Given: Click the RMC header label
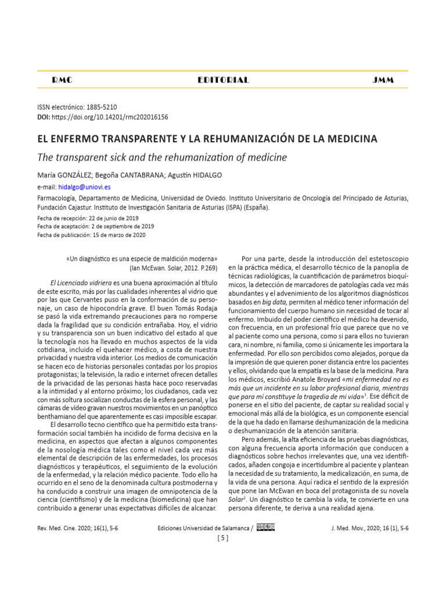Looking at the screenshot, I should (x=62, y=80).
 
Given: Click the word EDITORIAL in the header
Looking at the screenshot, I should (x=223, y=80).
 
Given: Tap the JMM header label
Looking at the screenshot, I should (x=383, y=80).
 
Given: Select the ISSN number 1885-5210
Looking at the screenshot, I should (x=101, y=107).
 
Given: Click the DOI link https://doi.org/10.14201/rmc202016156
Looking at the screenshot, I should (x=110, y=117).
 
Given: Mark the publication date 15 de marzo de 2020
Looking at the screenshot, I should (x=118, y=235).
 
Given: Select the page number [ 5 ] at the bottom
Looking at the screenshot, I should (x=223, y=538).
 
